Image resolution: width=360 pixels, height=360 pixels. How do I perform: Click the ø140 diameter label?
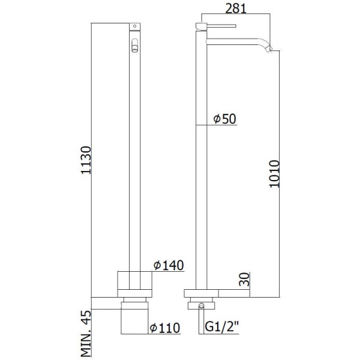pos(169,265)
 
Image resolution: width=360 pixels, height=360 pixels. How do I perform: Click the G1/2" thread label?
pos(220,328)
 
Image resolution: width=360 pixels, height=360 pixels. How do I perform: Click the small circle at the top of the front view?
pos(134,26)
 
